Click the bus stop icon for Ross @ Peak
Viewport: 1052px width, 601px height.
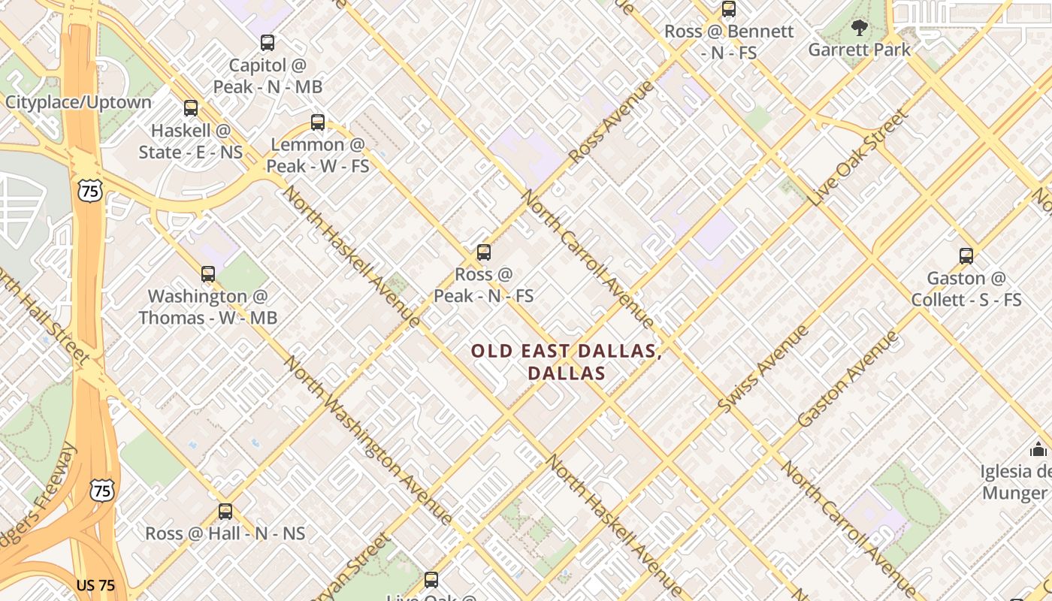tap(484, 252)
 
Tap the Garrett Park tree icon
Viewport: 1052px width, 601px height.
tap(859, 29)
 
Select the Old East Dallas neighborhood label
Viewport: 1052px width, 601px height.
tap(567, 361)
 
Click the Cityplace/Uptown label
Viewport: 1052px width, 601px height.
tap(78, 102)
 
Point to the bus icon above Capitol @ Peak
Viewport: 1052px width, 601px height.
tap(268, 43)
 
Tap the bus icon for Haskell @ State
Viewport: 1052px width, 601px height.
tap(191, 108)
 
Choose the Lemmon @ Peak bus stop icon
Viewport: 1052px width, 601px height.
tap(318, 122)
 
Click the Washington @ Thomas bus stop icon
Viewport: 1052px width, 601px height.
tap(208, 274)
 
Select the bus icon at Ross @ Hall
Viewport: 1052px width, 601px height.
tap(225, 512)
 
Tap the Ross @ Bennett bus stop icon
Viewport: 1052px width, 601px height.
tap(728, 10)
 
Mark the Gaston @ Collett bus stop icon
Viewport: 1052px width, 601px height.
tap(966, 256)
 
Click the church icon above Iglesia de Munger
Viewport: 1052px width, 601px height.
tap(1038, 450)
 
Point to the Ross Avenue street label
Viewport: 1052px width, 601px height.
tap(612, 122)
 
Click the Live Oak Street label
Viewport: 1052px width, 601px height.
tap(860, 159)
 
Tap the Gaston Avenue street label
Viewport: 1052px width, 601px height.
tap(848, 379)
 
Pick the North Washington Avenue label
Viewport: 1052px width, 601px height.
tap(368, 441)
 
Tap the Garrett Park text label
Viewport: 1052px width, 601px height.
tap(859, 50)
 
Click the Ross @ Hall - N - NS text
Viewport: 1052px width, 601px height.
tap(225, 533)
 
